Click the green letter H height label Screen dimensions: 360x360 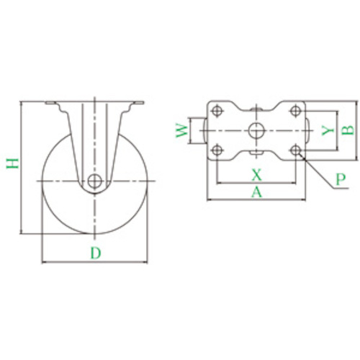[12, 163]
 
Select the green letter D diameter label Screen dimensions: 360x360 [96, 253]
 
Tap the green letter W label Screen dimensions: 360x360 [181, 130]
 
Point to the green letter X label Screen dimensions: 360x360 [256, 174]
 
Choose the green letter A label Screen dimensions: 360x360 [256, 192]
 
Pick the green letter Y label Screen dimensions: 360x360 [328, 130]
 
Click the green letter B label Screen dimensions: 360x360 [348, 130]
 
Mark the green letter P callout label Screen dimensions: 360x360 [341, 179]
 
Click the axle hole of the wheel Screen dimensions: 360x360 [95, 181]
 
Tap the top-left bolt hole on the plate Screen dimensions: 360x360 [217, 111]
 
